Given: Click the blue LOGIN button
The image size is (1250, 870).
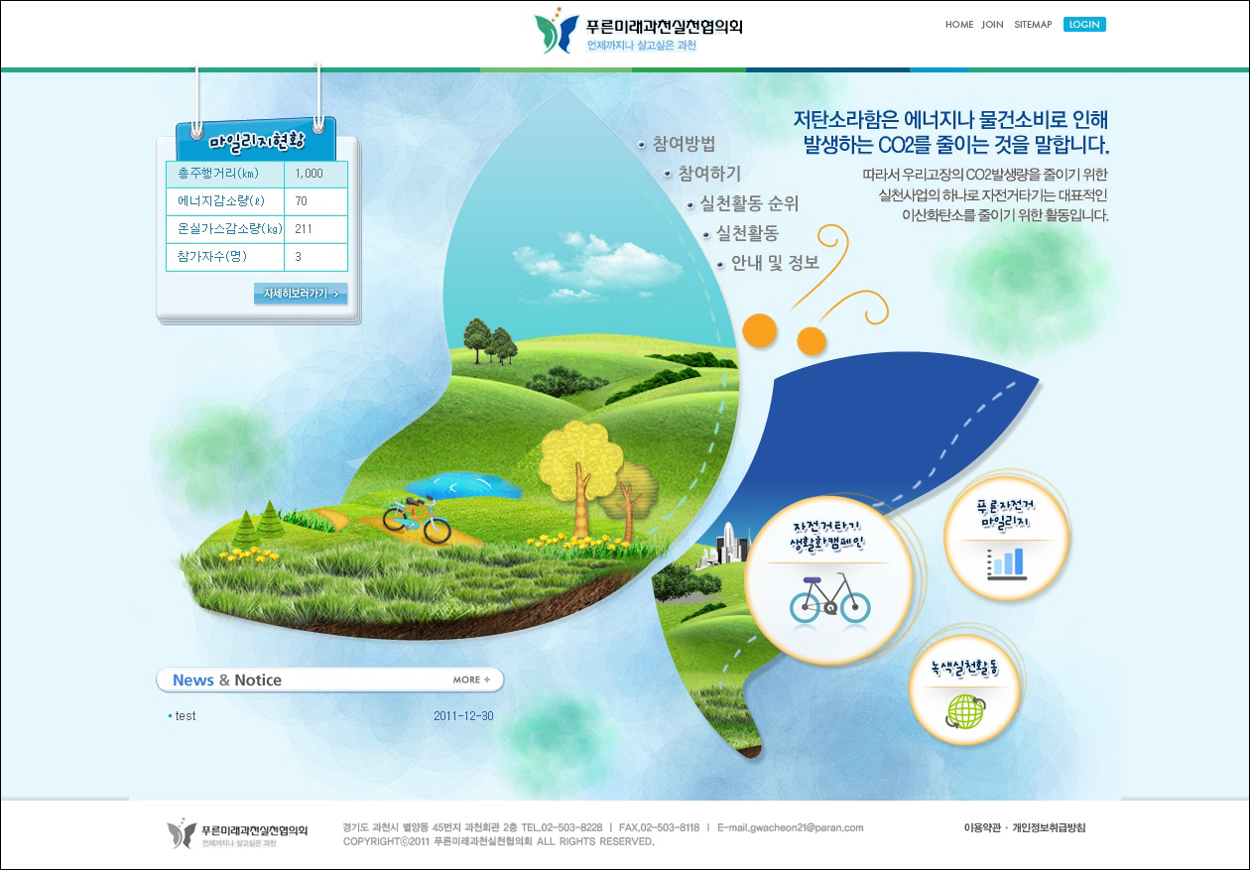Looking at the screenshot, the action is pos(1084,24).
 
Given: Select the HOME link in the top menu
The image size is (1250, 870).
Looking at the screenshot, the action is pos(958,25).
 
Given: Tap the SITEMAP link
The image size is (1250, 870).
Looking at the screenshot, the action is pos(1033,25).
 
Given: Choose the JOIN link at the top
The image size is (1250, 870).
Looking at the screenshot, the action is pos(992,25).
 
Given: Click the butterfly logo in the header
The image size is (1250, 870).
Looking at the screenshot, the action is pos(556,32).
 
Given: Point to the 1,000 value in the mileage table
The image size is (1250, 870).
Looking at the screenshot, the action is pos(310,174).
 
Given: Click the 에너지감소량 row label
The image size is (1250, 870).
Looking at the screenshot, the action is pos(221,201).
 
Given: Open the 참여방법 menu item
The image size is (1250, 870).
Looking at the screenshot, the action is pos(684,144).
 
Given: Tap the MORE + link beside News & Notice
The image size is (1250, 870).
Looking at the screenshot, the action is pos(471,680).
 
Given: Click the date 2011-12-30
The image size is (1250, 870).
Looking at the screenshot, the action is pos(463,716).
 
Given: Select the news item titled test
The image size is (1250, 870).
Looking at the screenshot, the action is pos(186,716).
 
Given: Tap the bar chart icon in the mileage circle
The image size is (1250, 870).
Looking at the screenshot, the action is pos(1006,563).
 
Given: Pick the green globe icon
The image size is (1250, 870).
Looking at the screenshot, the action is pos(965,711).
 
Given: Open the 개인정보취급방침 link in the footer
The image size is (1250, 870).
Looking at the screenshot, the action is pos(1050,827).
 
